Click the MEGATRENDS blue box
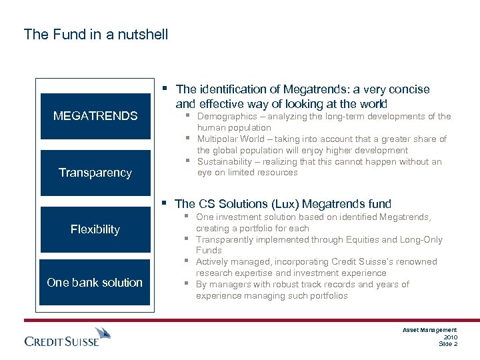(x=95, y=116)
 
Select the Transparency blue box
(x=95, y=173)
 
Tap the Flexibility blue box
(x=95, y=229)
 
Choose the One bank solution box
(x=95, y=282)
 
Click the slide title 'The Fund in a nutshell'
(x=96, y=34)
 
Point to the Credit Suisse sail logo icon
(x=103, y=333)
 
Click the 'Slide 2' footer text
(x=448, y=344)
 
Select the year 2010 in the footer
(x=450, y=337)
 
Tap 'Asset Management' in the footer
(x=430, y=330)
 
